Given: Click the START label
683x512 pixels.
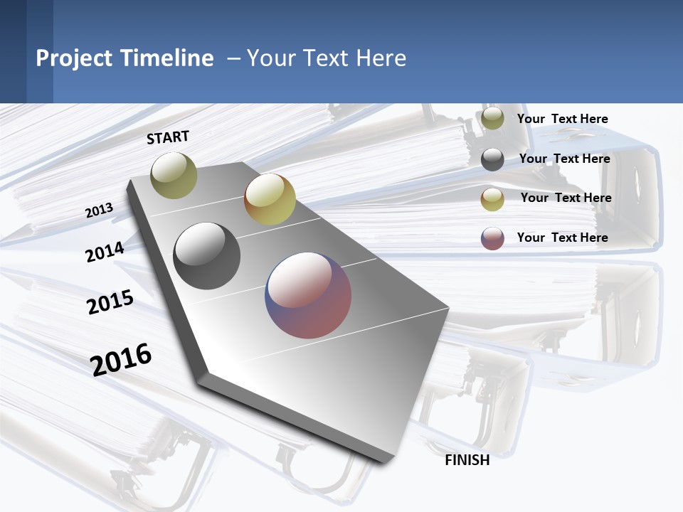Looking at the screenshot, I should [168, 137].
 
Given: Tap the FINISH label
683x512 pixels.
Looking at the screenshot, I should [467, 460].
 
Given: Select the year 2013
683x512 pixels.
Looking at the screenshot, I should [99, 210].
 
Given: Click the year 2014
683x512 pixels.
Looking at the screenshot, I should [105, 252].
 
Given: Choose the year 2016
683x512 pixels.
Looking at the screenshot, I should [121, 359].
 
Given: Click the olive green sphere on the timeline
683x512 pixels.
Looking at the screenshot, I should [174, 175].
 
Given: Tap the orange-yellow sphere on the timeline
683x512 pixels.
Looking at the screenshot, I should [270, 199].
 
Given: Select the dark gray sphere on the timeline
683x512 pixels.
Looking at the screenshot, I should [206, 256].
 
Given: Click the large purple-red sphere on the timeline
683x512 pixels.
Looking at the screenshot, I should [308, 295].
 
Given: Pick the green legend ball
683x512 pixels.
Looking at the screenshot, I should [492, 119].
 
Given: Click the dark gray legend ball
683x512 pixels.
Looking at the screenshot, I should [492, 159].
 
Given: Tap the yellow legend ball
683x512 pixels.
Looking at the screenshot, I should [492, 199].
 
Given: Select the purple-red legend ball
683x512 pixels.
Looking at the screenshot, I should [492, 238].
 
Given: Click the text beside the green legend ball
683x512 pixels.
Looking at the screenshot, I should [562, 119].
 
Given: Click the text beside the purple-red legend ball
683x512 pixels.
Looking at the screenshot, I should [562, 238].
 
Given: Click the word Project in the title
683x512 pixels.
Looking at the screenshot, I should [73, 58].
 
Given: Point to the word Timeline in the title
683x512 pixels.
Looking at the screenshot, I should [167, 58].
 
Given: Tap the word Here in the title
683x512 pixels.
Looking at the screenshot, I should [381, 58].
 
